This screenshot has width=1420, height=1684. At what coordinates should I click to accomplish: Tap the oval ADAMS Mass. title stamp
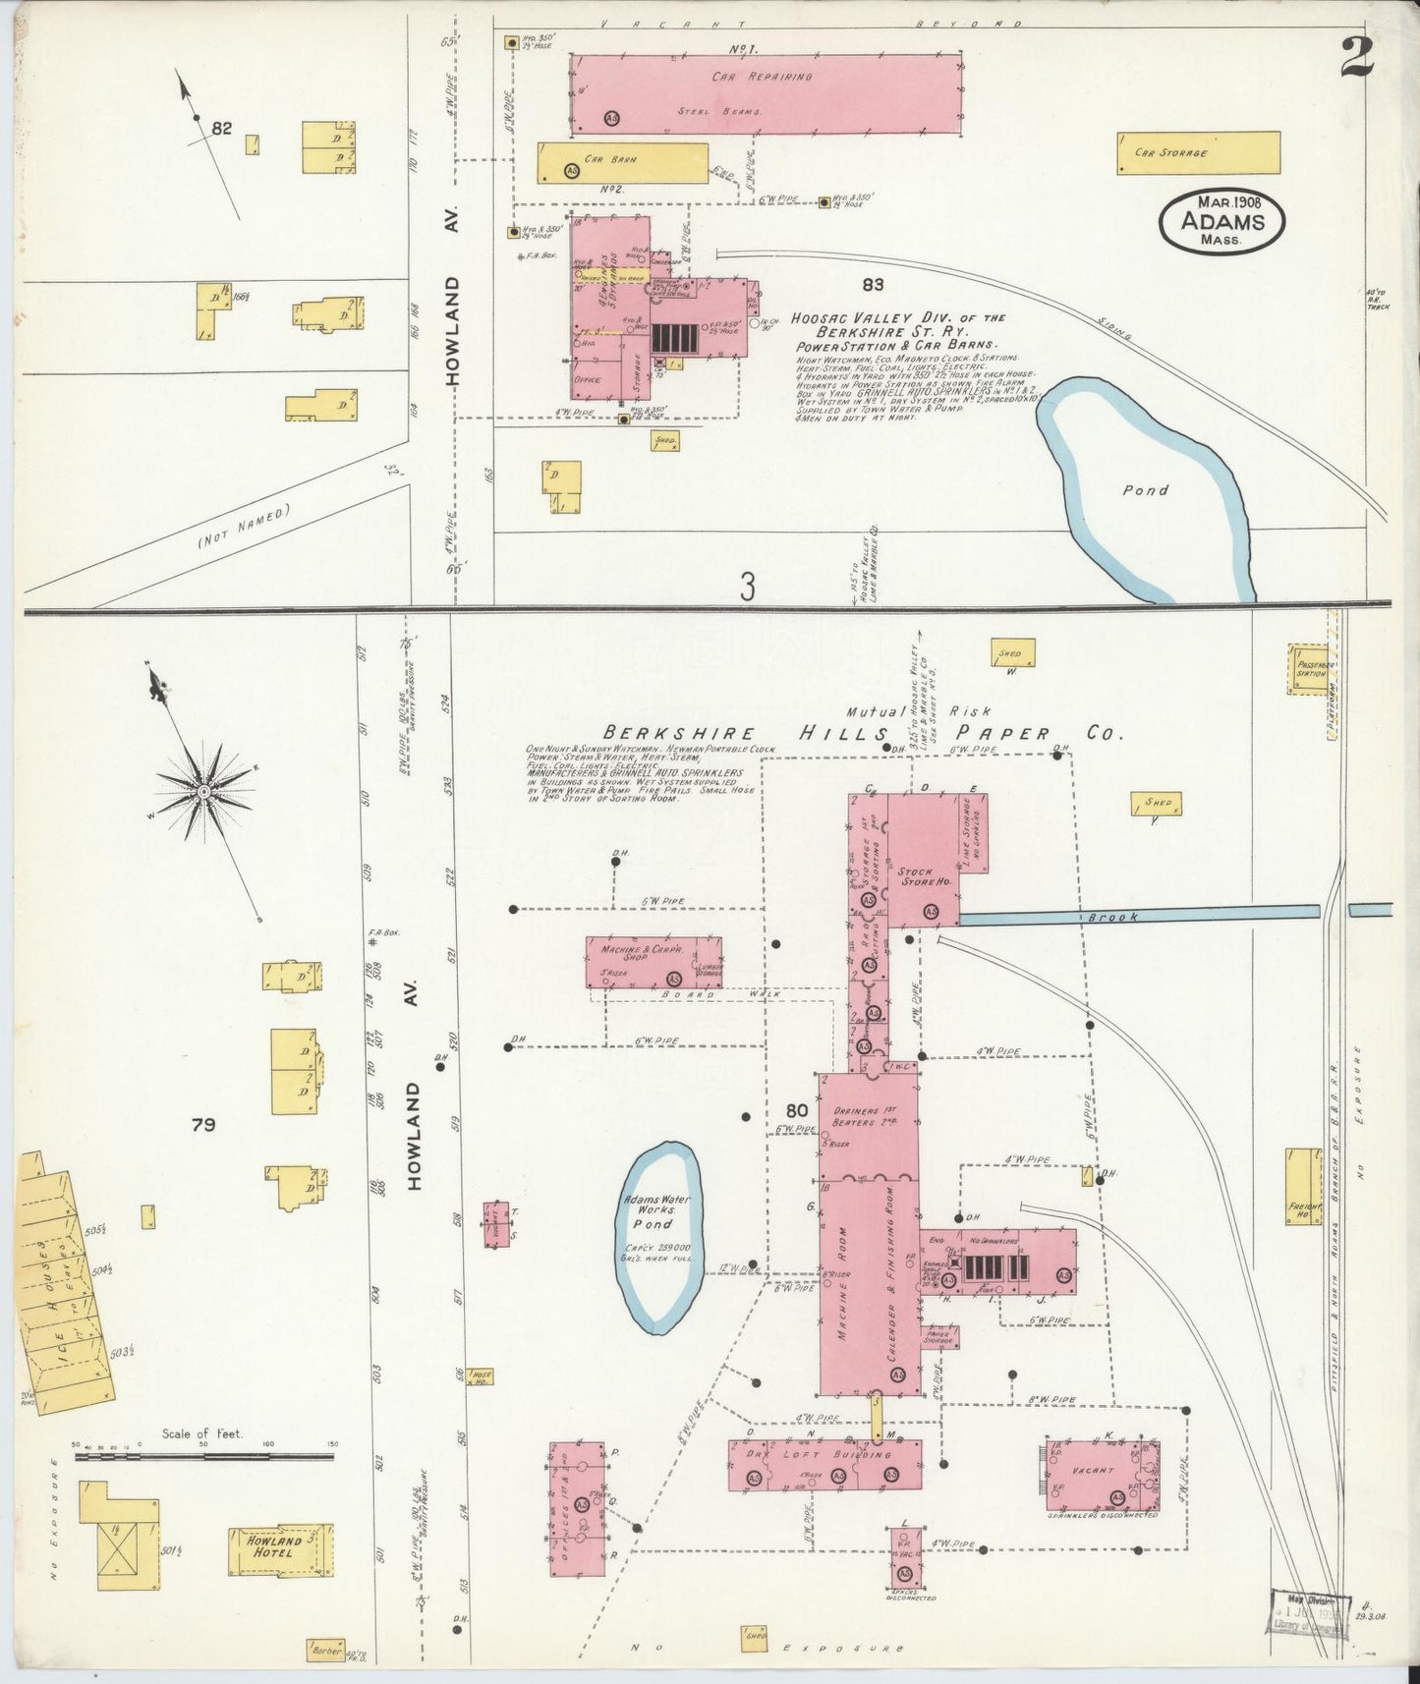[1221, 222]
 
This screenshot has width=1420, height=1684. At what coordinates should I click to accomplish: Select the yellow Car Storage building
[1198, 153]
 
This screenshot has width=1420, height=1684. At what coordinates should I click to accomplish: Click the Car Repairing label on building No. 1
[763, 76]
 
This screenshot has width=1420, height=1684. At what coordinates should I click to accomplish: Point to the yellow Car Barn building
[623, 163]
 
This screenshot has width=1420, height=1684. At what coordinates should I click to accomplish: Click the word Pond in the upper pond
[1145, 489]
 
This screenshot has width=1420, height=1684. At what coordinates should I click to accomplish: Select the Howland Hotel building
[280, 1550]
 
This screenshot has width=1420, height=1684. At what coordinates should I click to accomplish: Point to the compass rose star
[203, 791]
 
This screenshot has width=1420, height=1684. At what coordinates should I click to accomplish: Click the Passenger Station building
[1306, 670]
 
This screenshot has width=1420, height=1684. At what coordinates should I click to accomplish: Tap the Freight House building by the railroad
[1302, 1186]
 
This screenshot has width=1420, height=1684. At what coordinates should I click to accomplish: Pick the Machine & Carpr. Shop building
[653, 962]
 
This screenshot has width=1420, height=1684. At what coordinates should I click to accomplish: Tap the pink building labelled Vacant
[1102, 1476]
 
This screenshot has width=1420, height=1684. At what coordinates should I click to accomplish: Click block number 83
[872, 285]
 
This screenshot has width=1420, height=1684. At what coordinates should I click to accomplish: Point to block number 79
[203, 1125]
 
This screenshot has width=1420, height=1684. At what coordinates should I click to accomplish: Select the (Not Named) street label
[245, 526]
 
